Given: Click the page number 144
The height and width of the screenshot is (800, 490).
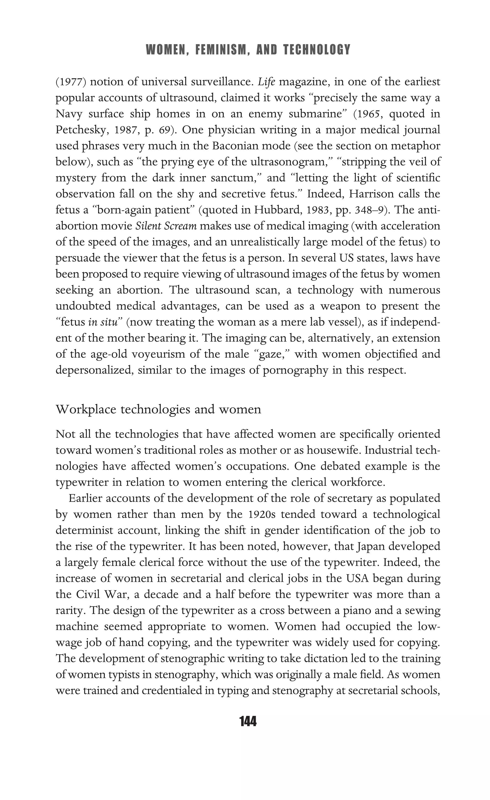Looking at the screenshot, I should pyautogui.click(x=248, y=721).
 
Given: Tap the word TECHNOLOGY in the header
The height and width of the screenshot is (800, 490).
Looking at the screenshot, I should pyautogui.click(x=317, y=50).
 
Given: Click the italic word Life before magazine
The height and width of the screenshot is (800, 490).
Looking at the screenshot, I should pyautogui.click(x=267, y=82).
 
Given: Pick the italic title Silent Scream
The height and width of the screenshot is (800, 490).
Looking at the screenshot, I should pyautogui.click(x=166, y=226).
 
